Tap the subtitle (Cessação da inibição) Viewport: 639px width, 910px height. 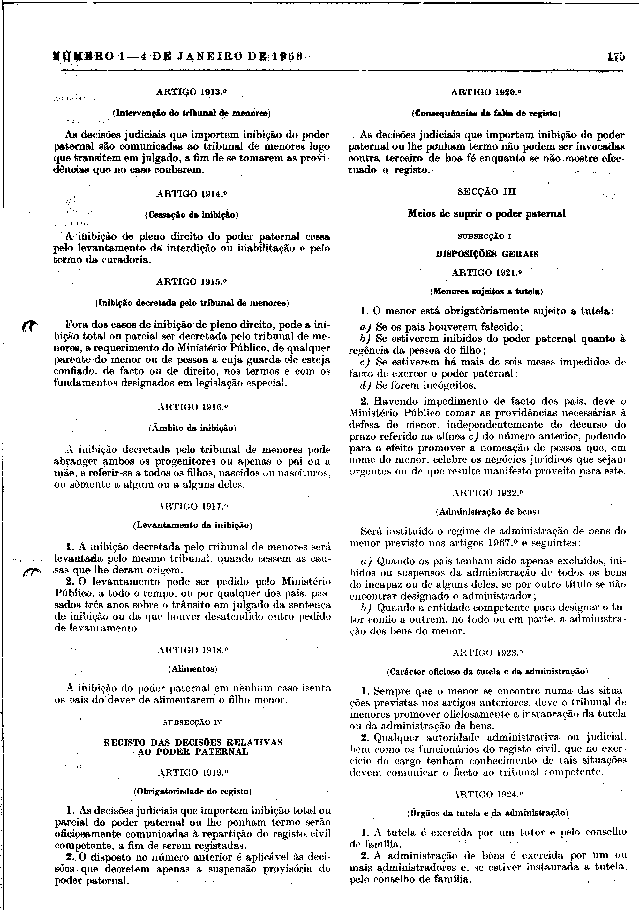[192, 215]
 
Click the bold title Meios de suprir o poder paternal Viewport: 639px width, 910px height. [487, 214]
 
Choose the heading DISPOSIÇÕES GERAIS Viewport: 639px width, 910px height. [487, 254]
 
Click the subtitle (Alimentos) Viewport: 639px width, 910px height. [193, 669]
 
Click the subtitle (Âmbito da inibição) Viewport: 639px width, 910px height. [193, 428]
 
